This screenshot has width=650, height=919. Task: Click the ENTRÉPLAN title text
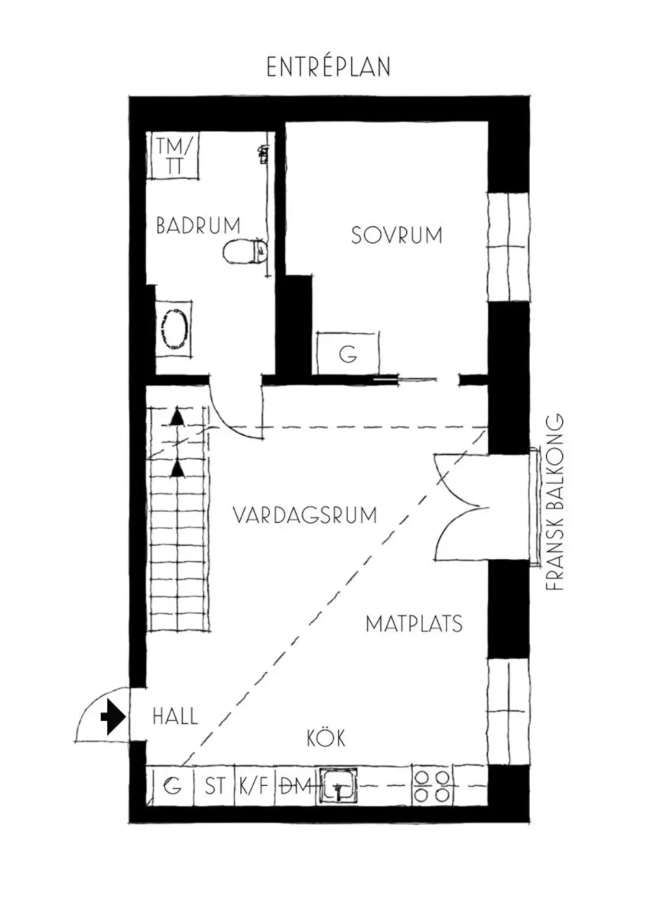click(x=328, y=67)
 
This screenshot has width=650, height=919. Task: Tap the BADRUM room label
click(x=198, y=225)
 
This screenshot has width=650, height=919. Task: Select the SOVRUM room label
click(x=396, y=234)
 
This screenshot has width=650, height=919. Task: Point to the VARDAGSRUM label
click(x=305, y=516)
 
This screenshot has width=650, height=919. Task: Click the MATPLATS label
click(x=414, y=624)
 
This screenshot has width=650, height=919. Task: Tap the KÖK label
click(x=326, y=738)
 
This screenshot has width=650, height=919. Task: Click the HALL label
click(x=175, y=717)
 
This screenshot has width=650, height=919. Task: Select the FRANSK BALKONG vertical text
click(x=554, y=502)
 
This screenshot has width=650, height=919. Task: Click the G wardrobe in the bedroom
click(x=348, y=354)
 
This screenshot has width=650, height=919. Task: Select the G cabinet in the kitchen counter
click(x=172, y=787)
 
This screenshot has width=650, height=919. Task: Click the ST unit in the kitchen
click(x=214, y=787)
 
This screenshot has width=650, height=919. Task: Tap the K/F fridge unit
click(x=253, y=787)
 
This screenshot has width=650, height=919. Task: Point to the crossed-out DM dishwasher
click(x=296, y=787)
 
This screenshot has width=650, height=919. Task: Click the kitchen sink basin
click(x=338, y=786)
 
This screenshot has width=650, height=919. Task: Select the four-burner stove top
click(x=432, y=786)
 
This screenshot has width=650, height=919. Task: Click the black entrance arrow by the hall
click(x=114, y=718)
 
